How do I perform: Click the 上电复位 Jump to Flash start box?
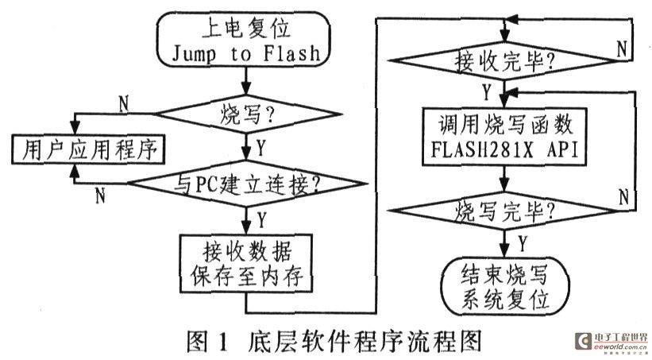pos(243,40)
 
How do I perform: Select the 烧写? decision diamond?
pos(247,114)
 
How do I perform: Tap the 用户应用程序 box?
pos(88,149)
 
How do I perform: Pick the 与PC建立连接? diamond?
pos(247,184)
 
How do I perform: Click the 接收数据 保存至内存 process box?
pos(246,264)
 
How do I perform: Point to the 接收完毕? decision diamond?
pos(504,60)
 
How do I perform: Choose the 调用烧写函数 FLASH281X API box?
pos(505,137)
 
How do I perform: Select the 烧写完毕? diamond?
pos(504,211)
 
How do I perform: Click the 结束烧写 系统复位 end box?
pos(505,287)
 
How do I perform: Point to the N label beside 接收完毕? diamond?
pos(622,49)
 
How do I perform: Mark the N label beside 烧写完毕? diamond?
pos(623,196)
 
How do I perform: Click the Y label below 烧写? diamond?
pos(260,148)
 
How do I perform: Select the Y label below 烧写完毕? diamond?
pos(523,243)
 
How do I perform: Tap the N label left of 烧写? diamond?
pos(124,103)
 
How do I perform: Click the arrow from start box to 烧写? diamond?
pos(246,81)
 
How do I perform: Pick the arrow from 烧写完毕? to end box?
pos(504,244)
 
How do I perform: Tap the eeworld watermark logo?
pos(611,341)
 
